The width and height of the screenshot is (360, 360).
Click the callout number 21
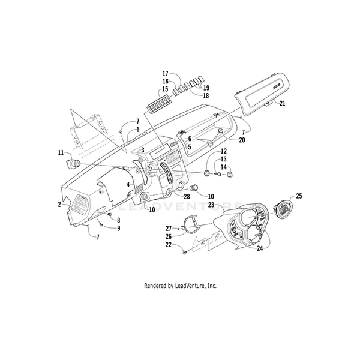coord(283,104)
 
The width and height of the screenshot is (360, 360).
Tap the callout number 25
coord(299,196)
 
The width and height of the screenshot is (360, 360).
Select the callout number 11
coord(61,154)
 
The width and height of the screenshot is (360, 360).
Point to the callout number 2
coord(59,205)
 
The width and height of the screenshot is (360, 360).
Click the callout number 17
coord(165,74)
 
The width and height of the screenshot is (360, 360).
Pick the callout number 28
coord(187,197)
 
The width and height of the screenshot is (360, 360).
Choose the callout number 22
coord(169,245)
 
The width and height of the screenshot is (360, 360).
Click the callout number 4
coord(128,185)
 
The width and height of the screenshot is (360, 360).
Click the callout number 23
coord(211,205)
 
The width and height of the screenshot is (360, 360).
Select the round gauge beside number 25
coord(282,210)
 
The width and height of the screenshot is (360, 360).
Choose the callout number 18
coord(205,95)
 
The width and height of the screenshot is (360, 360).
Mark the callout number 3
coord(143,149)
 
